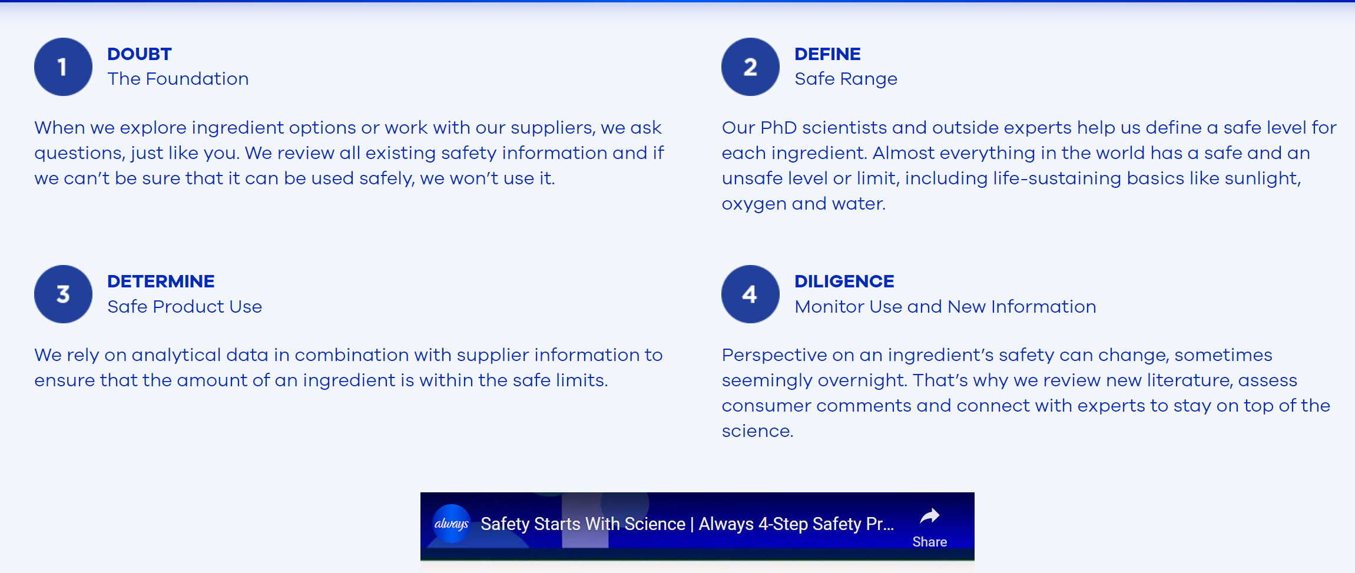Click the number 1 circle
tap(63, 67)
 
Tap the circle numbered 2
tap(750, 67)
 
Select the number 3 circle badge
tap(63, 294)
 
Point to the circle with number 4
tap(750, 294)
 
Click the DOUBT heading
tap(140, 54)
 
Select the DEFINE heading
tap(827, 54)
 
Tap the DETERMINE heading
tap(161, 281)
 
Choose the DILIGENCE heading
tap(844, 281)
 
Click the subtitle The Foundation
tap(178, 79)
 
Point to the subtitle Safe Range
tap(846, 79)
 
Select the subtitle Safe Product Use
tap(184, 306)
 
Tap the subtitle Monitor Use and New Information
tap(945, 306)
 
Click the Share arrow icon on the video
tap(930, 516)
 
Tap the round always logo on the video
tap(452, 524)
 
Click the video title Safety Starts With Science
tap(583, 524)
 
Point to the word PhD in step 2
tap(778, 128)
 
